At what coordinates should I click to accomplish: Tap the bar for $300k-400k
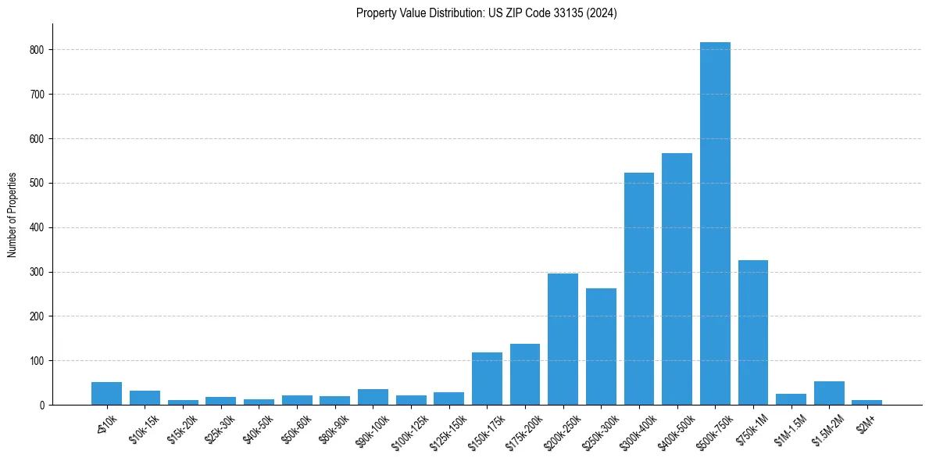638,289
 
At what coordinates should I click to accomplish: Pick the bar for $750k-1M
753,332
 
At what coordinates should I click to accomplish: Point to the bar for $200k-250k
563,339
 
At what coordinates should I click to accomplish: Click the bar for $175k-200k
525,374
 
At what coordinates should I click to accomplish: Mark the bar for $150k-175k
487,379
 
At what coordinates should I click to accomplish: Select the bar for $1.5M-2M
829,393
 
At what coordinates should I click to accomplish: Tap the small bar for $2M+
867,402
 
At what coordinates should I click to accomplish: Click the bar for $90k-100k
373,397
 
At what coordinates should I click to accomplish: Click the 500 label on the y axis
41,184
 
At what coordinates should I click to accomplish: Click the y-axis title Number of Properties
12,215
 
